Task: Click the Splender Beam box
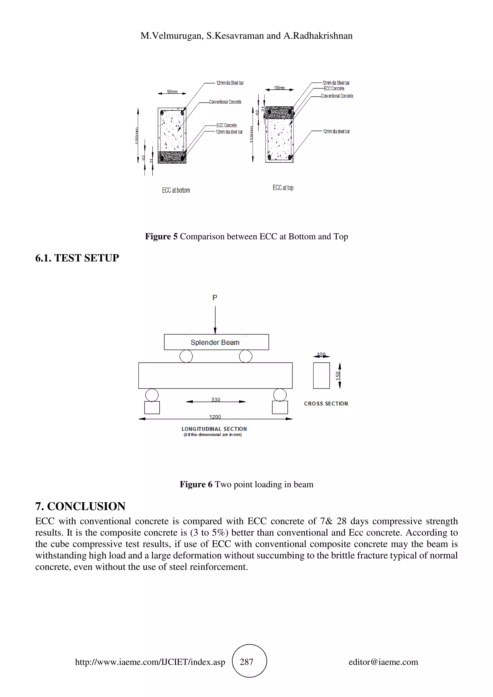[216, 342]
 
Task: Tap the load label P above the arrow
[215, 298]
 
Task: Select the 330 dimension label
[215, 399]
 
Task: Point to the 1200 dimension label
[215, 417]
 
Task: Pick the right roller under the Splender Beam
[246, 356]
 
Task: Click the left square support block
[152, 407]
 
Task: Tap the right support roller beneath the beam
[280, 395]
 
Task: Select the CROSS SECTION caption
[326, 403]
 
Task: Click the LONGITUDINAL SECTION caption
[214, 429]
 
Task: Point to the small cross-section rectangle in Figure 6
[321, 375]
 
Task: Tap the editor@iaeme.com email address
[383, 662]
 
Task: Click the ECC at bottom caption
[176, 190]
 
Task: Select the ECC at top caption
[283, 188]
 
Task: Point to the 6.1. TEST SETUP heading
[77, 258]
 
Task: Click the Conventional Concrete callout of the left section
[225, 102]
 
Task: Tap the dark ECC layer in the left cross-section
[172, 158]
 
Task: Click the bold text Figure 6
[196, 484]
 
